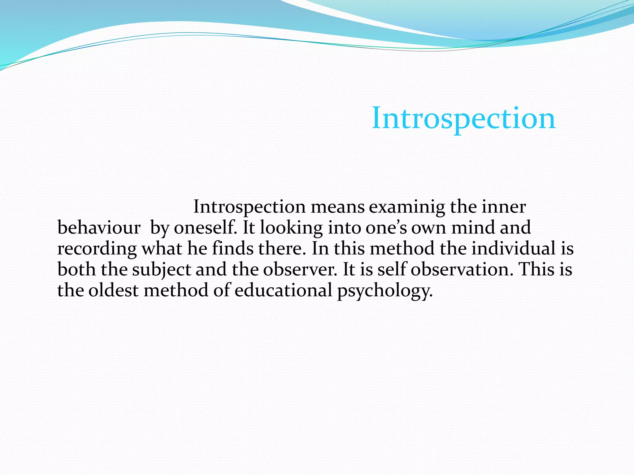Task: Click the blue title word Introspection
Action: point(463,118)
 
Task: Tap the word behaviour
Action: point(99,228)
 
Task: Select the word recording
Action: point(97,249)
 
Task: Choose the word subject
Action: point(161,269)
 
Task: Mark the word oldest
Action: point(113,290)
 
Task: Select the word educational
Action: point(283,290)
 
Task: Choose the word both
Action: point(76,269)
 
